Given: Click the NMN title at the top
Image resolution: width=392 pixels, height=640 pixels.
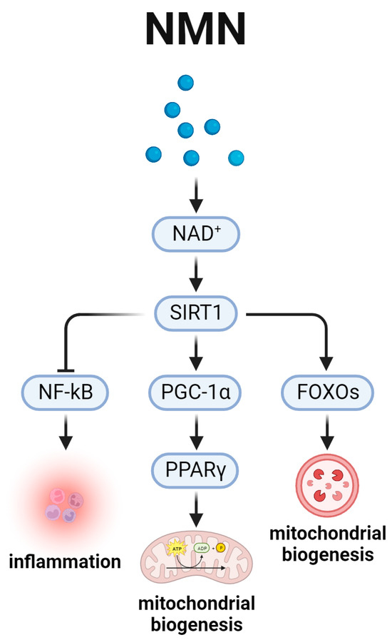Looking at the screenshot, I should (x=196, y=29).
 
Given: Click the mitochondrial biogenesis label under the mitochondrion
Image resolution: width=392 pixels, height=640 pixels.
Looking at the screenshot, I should (x=195, y=614).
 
